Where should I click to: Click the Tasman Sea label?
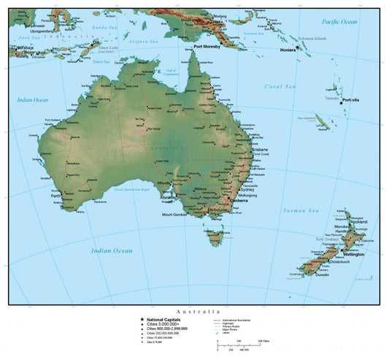(302, 210)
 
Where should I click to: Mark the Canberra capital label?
(237, 201)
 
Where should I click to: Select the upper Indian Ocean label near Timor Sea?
(32, 99)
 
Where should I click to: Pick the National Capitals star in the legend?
(142, 319)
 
